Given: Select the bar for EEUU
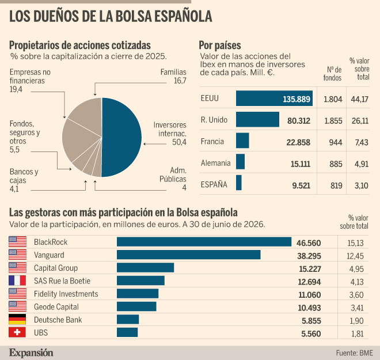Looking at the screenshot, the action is (274, 98).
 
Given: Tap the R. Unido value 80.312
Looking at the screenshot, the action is (299, 120).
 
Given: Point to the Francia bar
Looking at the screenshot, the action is (242, 141).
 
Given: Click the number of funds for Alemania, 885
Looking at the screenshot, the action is (336, 164).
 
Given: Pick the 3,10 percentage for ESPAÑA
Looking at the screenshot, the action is (362, 185).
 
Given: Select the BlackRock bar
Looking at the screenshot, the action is (204, 242).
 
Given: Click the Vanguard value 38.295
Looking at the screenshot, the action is (309, 256).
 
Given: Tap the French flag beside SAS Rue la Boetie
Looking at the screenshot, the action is (17, 281).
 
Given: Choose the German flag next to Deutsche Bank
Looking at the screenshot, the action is (17, 319).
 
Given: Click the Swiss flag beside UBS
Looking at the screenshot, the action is (17, 332).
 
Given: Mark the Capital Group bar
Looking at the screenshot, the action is (146, 268).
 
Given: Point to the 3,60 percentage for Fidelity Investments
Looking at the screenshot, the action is (356, 295).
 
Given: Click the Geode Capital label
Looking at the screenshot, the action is (56, 307).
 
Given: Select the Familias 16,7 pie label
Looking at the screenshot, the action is (173, 76).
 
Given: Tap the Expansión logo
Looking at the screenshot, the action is (31, 353).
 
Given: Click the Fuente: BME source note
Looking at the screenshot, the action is (354, 353).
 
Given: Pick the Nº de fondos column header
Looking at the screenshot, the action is (333, 74).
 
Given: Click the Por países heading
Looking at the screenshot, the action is (220, 46).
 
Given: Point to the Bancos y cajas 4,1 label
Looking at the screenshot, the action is (24, 180).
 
